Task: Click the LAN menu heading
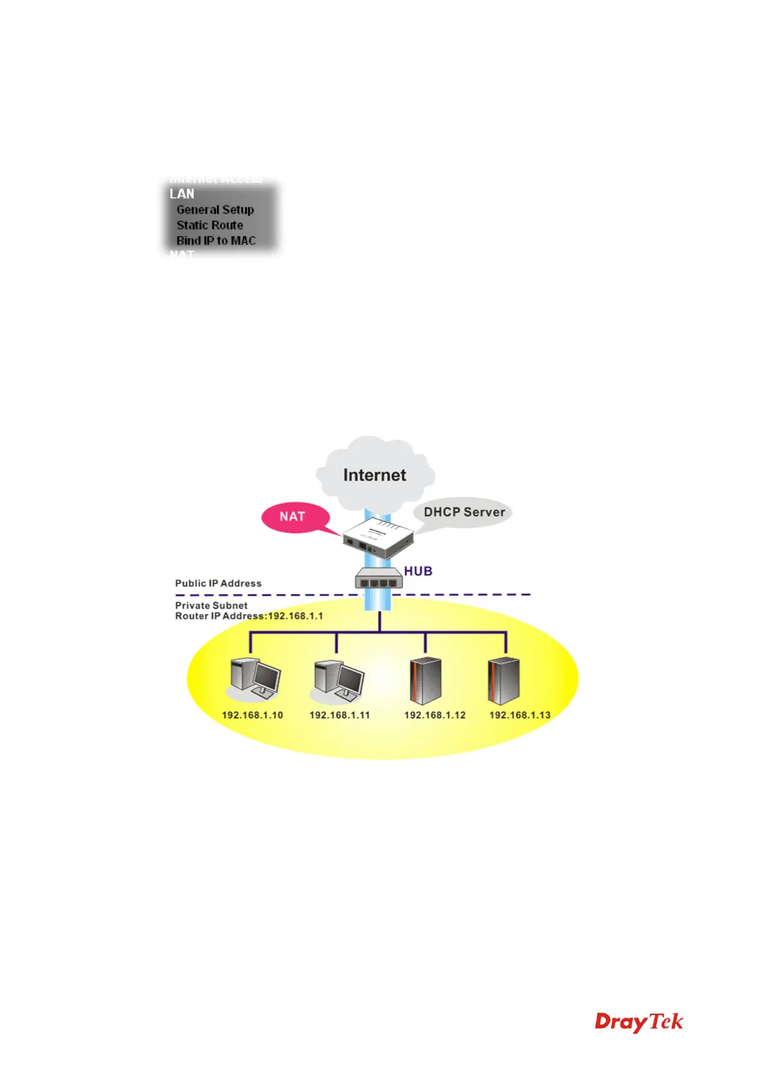click(x=182, y=194)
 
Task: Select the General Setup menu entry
click(x=215, y=210)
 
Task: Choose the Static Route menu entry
click(x=210, y=225)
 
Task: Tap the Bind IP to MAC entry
click(x=216, y=241)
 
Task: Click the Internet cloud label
click(x=374, y=475)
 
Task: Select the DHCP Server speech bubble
click(x=464, y=512)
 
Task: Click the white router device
click(x=377, y=539)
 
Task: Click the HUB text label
click(x=418, y=571)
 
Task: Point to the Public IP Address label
click(x=218, y=584)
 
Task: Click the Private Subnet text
click(x=211, y=605)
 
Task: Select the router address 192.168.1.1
click(x=295, y=616)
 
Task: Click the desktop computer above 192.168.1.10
click(x=255, y=679)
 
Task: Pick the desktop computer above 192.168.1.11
click(x=338, y=680)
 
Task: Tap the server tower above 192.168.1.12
click(x=425, y=680)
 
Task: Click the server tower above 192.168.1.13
click(x=503, y=680)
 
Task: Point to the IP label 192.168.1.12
click(x=435, y=715)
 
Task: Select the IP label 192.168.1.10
click(x=252, y=715)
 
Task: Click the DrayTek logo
click(x=639, y=1021)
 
